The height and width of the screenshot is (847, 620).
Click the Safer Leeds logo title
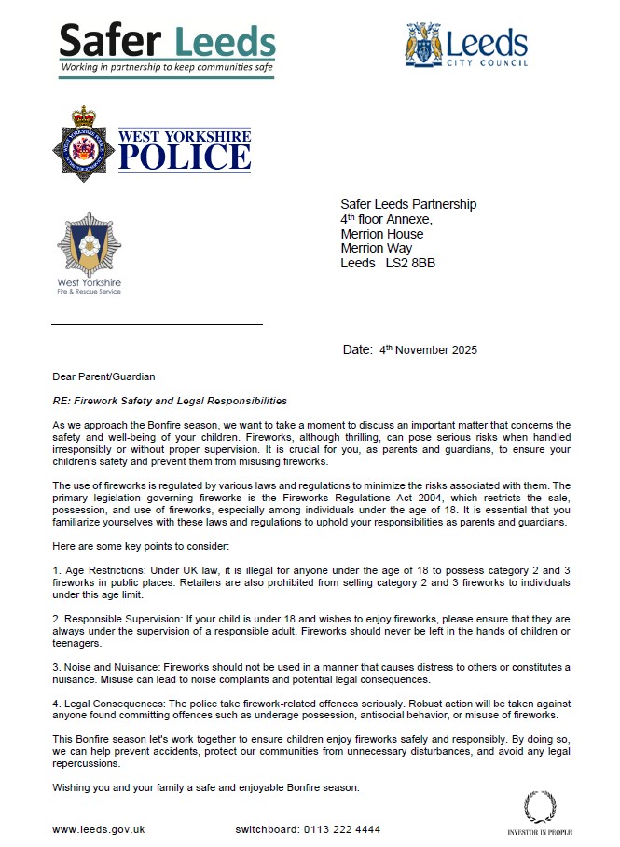coord(168,40)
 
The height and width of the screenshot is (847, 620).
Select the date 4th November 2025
coord(429,350)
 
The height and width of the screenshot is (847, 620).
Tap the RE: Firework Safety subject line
coord(170,401)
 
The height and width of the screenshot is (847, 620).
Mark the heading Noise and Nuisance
coord(109,668)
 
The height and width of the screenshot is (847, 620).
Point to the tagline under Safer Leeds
coord(167,68)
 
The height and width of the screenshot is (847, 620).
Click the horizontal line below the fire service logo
coord(157,324)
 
